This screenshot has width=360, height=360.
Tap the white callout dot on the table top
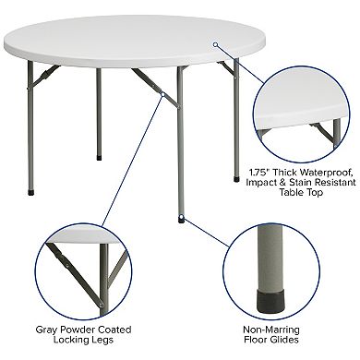tap(215, 42)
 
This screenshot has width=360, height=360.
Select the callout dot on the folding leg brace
tap(162, 93)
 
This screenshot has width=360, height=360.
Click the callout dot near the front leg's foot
tap(182, 219)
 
